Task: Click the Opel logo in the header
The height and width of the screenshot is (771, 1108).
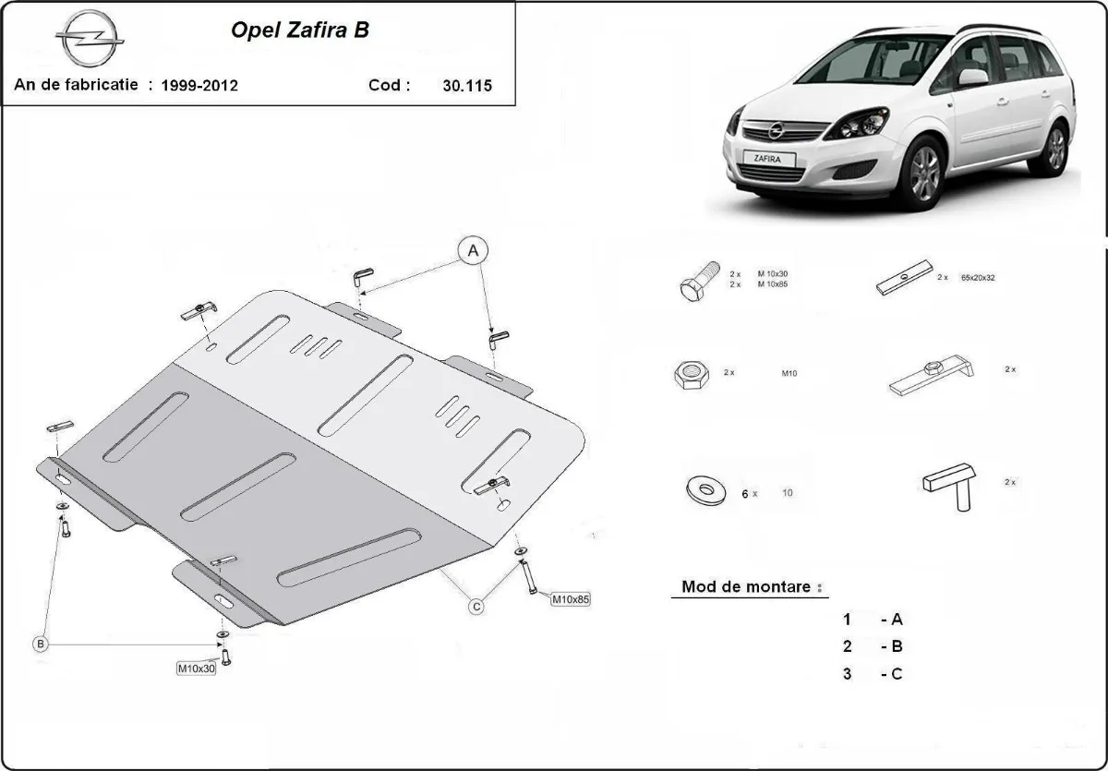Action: (90, 41)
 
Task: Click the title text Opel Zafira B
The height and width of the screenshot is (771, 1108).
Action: (299, 30)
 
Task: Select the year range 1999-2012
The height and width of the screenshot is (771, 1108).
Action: (199, 86)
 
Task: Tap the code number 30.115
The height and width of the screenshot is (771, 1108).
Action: (466, 86)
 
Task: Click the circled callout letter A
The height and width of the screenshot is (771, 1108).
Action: (473, 250)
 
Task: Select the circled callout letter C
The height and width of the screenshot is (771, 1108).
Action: (476, 607)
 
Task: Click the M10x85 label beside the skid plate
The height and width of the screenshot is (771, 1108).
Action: (570, 599)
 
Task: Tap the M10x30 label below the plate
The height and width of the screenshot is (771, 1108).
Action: (196, 668)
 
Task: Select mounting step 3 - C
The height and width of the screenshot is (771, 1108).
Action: (872, 674)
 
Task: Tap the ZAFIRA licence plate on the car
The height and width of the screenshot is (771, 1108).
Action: (766, 159)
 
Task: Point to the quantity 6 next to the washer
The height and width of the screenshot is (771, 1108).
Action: (744, 494)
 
